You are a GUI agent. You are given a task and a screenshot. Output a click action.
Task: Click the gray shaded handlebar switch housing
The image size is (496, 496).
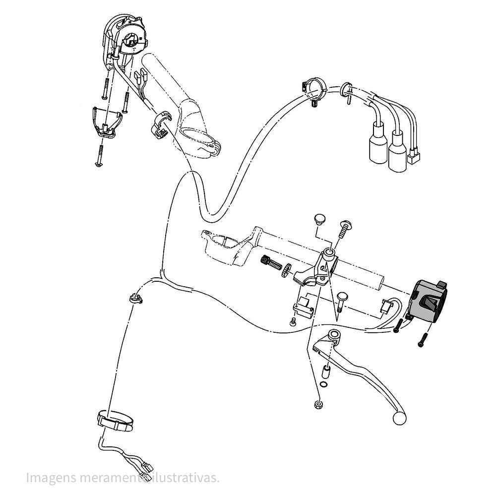(x=429, y=301)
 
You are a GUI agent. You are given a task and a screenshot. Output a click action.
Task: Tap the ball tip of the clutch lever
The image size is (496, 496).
(x=399, y=418)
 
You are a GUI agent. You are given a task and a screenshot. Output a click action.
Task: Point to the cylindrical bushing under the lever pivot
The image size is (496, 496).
(x=325, y=372)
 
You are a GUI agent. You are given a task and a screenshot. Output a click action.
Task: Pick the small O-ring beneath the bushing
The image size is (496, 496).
(x=323, y=384)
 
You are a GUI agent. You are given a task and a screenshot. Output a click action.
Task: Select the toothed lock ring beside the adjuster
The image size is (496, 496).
(x=286, y=270)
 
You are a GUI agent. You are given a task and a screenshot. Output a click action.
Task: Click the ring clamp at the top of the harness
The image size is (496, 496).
(x=312, y=89)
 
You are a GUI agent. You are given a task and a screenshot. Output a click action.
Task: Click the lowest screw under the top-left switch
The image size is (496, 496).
(x=99, y=155)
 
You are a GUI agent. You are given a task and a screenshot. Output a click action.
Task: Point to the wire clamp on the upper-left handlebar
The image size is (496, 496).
(x=161, y=124)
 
